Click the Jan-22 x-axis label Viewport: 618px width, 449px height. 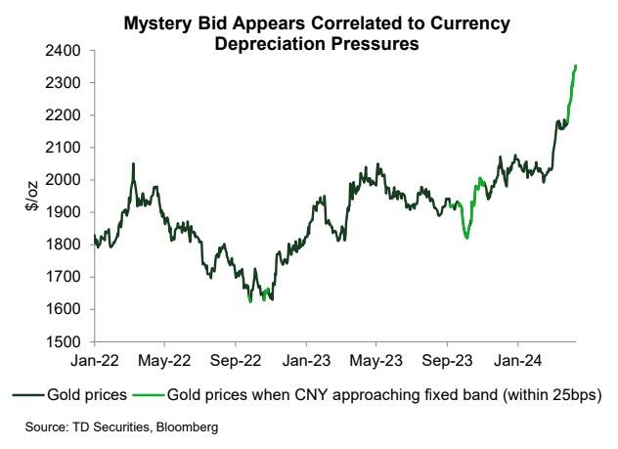pos(94,359)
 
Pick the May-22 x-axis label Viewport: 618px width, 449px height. pos(164,359)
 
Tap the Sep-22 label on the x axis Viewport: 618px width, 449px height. pos(235,359)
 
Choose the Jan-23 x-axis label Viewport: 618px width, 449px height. pos(305,359)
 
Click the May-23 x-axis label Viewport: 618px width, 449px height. pos(376,359)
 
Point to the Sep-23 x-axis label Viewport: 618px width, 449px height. pos(447,359)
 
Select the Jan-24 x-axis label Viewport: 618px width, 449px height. pos(517,359)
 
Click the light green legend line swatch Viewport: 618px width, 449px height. pos(150,394)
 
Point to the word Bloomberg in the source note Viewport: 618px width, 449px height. pos(187,427)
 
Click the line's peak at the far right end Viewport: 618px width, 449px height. pos(576,66)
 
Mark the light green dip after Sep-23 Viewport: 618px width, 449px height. pos(466,237)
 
